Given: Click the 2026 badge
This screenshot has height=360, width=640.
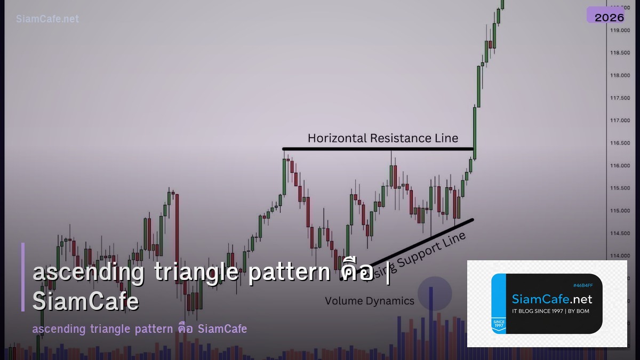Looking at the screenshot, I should [x=609, y=17].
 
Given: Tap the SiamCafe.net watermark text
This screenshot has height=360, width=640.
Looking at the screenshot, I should [x=47, y=19].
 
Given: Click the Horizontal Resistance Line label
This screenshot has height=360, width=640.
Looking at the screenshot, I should [x=382, y=138].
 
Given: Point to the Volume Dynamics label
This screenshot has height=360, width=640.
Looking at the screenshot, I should [x=369, y=301].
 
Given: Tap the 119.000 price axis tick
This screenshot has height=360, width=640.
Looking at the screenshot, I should [x=620, y=30].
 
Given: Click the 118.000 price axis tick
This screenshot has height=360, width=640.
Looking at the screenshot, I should [x=620, y=75].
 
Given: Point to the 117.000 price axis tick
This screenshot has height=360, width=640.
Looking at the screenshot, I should [x=620, y=121].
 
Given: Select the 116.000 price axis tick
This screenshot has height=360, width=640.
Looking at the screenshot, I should [x=620, y=166].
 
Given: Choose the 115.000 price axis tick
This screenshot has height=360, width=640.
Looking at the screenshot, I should [x=620, y=211].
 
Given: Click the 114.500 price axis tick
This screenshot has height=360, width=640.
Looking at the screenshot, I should [x=620, y=233].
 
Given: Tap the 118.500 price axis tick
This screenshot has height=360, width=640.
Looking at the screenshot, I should [x=620, y=53].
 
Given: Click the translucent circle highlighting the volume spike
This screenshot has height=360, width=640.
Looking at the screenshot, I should [x=434, y=293].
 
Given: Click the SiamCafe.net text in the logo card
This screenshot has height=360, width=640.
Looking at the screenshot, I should [x=552, y=299].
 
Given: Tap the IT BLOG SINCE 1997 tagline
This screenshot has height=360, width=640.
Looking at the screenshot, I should [x=550, y=311].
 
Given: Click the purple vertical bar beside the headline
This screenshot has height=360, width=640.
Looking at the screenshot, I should [x=23, y=277].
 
